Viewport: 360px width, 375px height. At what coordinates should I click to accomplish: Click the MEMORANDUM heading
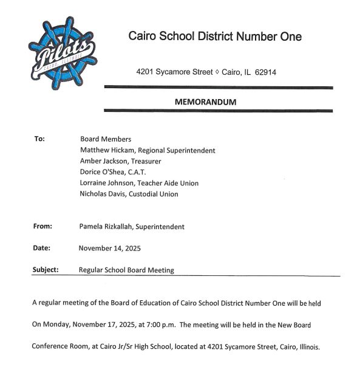click(205, 102)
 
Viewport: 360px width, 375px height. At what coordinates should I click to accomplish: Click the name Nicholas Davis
click(101, 194)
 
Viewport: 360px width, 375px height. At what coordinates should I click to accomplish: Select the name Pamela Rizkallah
click(105, 227)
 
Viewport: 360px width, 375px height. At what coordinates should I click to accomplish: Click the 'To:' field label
click(39, 139)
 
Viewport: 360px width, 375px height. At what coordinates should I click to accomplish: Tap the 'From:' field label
click(42, 227)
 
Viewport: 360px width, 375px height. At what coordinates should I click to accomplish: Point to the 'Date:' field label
click(42, 248)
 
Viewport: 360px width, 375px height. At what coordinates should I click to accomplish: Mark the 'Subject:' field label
click(46, 269)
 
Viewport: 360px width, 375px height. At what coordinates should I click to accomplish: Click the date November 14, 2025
click(112, 248)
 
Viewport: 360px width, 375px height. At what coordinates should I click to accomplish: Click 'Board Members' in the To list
click(105, 139)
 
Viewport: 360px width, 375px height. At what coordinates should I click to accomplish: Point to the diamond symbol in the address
click(217, 72)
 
